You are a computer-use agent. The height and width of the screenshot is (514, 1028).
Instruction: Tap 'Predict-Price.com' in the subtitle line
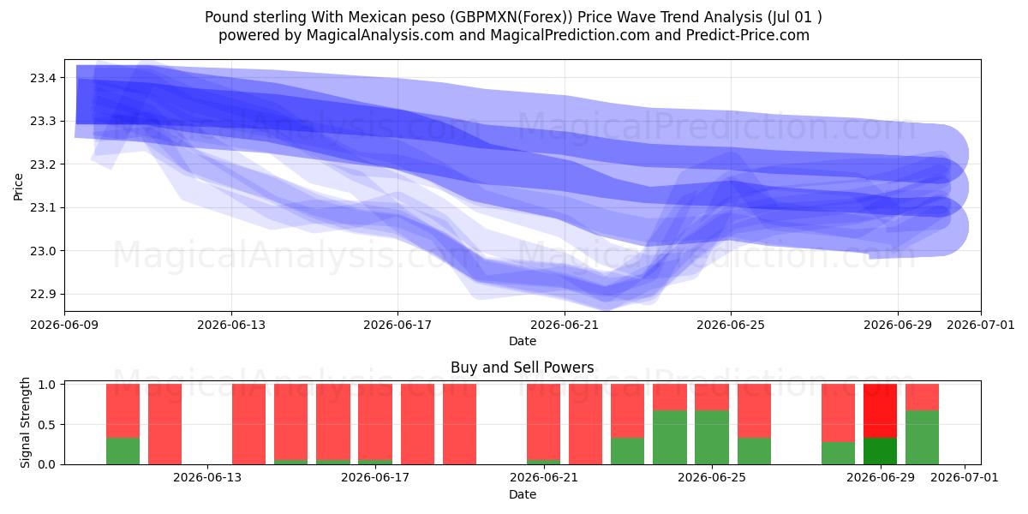coord(748,35)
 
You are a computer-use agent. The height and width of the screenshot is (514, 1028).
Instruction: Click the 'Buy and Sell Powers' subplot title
coord(523,368)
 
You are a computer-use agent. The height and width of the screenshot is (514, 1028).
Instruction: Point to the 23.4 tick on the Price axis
coord(43,78)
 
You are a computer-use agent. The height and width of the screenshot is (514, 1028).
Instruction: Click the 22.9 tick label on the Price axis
coord(43,294)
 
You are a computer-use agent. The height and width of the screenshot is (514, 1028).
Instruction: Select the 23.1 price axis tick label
coord(43,208)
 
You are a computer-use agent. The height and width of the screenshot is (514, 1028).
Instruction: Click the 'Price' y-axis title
coord(18,187)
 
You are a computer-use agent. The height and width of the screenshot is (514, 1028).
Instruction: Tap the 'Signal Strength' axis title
coord(25,422)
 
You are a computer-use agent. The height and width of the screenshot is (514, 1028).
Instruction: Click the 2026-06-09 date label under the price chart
coord(65,325)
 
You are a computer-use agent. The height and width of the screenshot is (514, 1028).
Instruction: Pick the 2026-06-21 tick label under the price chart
coord(565,325)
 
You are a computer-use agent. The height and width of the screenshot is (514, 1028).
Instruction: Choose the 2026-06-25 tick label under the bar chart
coord(712,477)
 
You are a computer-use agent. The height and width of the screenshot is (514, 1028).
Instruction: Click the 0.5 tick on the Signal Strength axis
coord(47,425)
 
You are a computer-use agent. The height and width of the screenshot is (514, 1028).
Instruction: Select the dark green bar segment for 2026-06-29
coord(881,451)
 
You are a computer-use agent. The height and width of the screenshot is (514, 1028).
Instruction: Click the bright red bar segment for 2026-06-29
coord(881,410)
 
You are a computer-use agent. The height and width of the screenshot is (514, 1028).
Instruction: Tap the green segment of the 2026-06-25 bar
coord(712,438)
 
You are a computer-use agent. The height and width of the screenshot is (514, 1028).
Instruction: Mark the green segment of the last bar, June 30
coord(922,438)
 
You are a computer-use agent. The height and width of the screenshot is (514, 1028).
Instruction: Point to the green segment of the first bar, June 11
coord(123,451)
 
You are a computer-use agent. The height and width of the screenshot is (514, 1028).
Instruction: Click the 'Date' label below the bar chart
coord(523,494)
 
